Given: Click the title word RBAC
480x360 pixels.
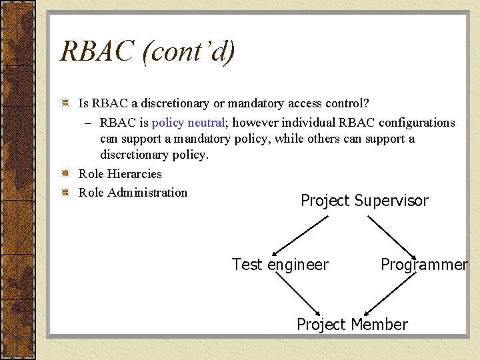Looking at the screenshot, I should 97,52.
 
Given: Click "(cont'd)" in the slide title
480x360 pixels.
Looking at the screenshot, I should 188,52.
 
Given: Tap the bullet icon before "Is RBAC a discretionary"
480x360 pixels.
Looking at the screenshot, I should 65,104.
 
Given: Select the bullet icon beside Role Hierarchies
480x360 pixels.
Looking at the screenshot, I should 65,174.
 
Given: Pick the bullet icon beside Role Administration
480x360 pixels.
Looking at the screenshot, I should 65,193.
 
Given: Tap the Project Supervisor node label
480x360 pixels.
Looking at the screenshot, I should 364,201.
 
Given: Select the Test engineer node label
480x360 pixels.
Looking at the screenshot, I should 280,265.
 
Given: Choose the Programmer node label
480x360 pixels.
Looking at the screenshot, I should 424,265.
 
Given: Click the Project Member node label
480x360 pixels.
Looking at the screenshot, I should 352,325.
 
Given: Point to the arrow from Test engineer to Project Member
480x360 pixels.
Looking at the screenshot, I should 300,294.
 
